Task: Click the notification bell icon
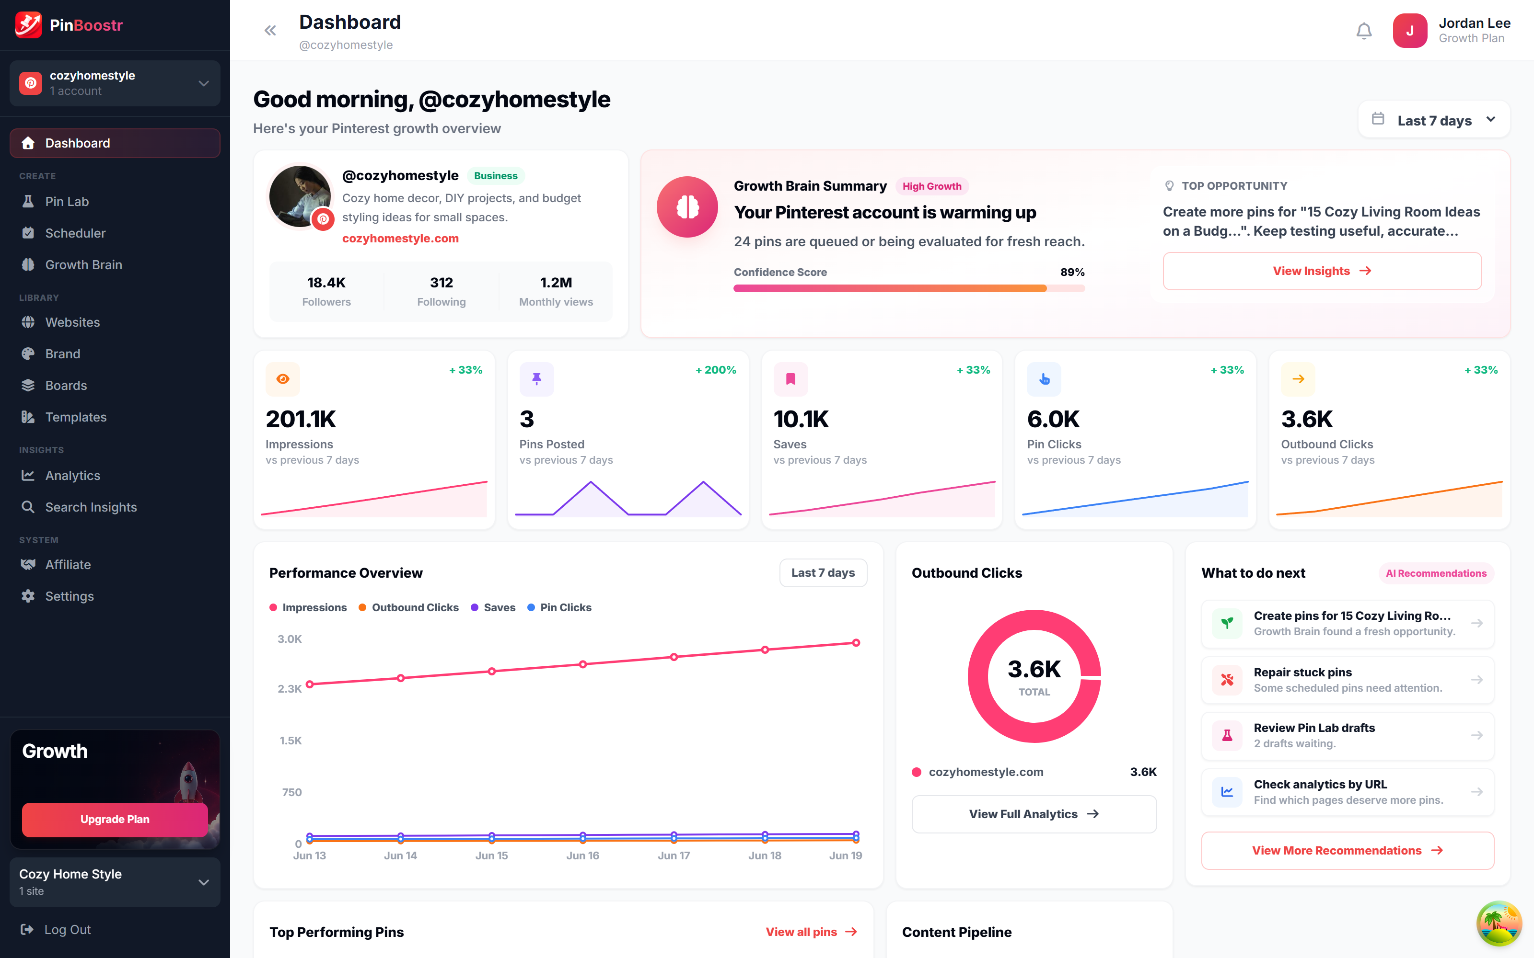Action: pyautogui.click(x=1363, y=30)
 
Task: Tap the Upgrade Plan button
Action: pyautogui.click(x=115, y=819)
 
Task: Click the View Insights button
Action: pyautogui.click(x=1322, y=271)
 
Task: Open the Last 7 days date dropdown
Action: pyautogui.click(x=1434, y=120)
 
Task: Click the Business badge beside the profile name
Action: pyautogui.click(x=496, y=175)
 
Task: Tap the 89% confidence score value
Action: pyautogui.click(x=1072, y=272)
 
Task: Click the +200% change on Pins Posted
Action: pyautogui.click(x=716, y=370)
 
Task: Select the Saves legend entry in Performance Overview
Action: pyautogui.click(x=493, y=607)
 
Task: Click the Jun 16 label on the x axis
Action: pyautogui.click(x=582, y=855)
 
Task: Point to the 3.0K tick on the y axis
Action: pyautogui.click(x=290, y=639)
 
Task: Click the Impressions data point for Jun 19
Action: pyautogui.click(x=856, y=642)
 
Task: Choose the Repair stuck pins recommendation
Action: pyautogui.click(x=1348, y=680)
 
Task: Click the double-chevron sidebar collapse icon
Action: pyautogui.click(x=270, y=30)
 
